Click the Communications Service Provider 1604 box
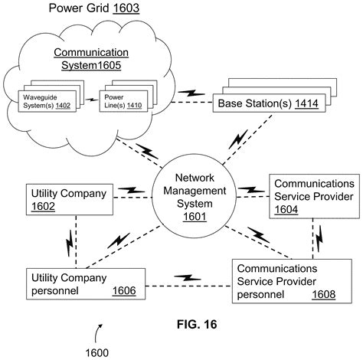[312, 196]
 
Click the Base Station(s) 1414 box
[264, 103]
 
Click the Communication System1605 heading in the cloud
[92, 60]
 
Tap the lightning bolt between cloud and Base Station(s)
[188, 94]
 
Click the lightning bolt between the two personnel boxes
[187, 277]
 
